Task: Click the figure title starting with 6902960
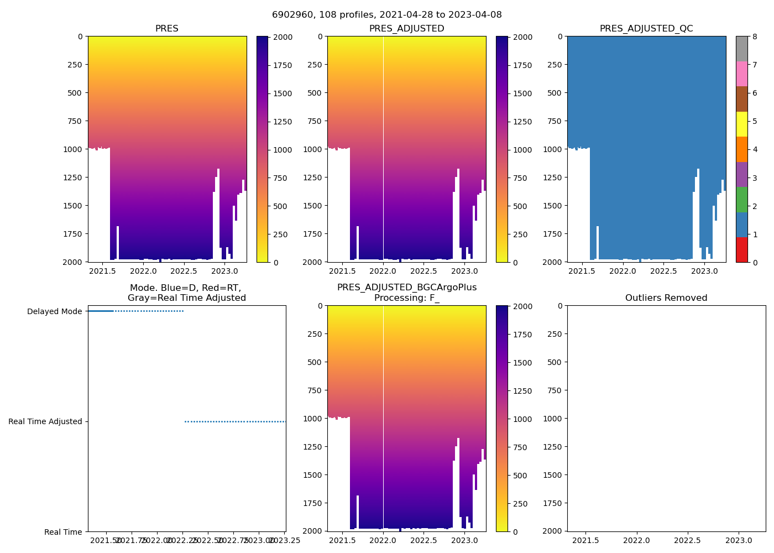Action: click(x=386, y=15)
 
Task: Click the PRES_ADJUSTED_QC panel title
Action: click(x=646, y=29)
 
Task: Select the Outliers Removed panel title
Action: click(x=666, y=298)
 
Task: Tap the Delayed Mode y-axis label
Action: click(x=54, y=312)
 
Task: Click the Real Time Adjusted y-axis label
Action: click(x=45, y=422)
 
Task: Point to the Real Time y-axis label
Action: click(x=63, y=532)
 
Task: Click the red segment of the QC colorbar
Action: click(x=742, y=250)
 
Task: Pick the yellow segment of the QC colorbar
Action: click(x=742, y=124)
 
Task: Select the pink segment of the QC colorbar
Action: click(x=742, y=74)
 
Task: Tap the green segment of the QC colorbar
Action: click(x=742, y=200)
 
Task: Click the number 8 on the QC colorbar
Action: click(x=755, y=37)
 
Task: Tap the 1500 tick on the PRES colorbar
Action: click(x=283, y=93)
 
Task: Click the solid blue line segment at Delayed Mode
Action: click(x=101, y=311)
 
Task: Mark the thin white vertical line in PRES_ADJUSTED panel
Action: click(x=383, y=138)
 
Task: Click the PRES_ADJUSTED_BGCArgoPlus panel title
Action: click(x=407, y=293)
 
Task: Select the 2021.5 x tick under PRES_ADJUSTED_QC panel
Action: click(x=582, y=271)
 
